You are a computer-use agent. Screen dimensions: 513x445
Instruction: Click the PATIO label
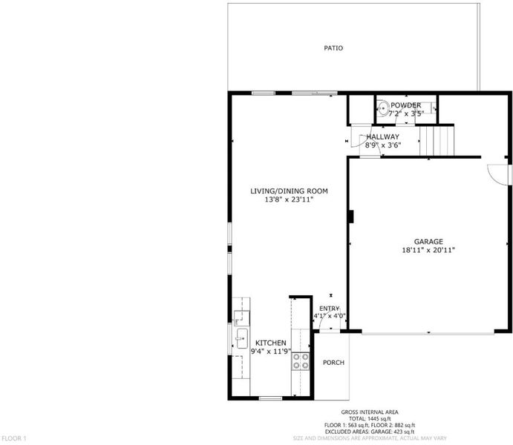point(333,48)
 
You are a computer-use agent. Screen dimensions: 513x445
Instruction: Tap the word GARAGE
point(428,242)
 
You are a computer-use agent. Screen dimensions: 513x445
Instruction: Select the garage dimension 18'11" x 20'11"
point(428,250)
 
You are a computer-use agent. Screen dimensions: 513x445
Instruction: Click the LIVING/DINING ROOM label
point(289,191)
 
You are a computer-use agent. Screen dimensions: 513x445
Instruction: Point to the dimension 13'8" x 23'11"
point(289,200)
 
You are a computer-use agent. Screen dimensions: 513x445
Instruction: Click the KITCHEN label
point(270,343)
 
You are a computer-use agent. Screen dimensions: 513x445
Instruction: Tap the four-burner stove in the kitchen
point(301,361)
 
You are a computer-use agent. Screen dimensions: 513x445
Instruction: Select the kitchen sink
point(242,338)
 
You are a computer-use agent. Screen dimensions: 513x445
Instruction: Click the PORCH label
point(333,363)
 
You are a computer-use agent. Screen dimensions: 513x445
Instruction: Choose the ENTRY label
point(329,309)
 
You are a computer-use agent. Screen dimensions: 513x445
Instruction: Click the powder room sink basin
point(382,107)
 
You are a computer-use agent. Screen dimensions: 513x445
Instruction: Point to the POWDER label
point(405,105)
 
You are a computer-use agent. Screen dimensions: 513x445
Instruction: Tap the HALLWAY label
point(382,136)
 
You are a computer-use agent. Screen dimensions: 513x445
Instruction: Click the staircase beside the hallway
point(437,141)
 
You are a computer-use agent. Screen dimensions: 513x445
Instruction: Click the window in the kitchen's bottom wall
point(270,398)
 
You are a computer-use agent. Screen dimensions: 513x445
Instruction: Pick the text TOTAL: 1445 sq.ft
point(370,418)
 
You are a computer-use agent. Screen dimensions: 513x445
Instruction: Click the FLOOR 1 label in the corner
point(14,438)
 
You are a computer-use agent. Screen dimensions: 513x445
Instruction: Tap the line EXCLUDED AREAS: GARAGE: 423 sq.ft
point(370,432)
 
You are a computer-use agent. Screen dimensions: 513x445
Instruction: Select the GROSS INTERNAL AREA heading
point(370,412)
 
